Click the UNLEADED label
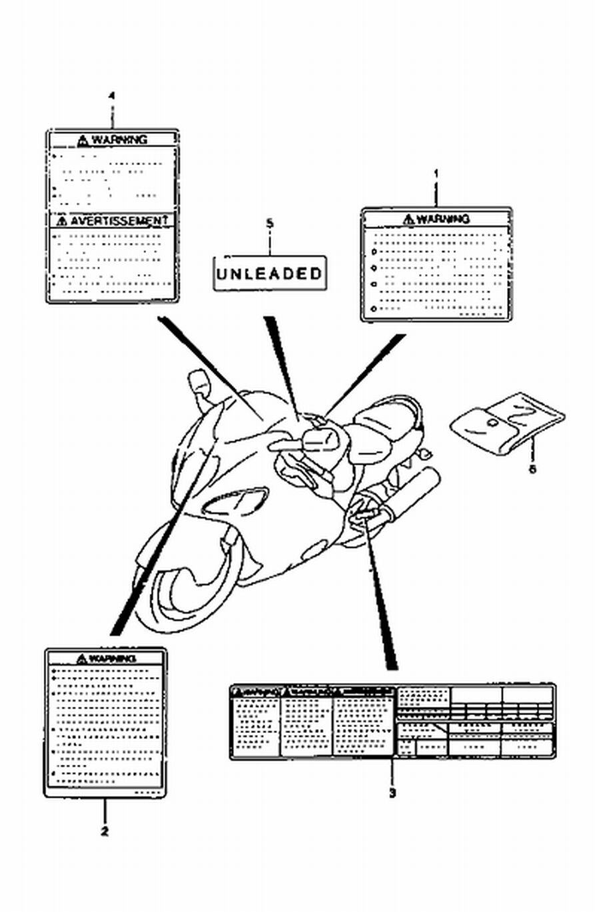point(269,273)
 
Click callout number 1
point(436,174)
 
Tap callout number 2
point(105,831)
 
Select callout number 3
point(392,793)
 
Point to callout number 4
point(111,96)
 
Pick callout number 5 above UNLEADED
point(269,224)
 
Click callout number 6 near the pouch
point(532,469)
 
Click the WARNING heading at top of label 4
point(119,139)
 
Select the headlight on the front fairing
point(237,503)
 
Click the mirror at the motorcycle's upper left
point(198,383)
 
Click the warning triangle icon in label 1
point(408,219)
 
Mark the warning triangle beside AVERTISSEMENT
point(61,220)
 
